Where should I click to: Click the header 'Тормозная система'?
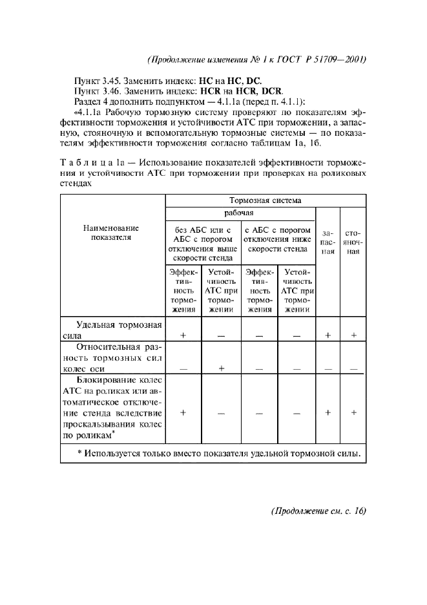265,200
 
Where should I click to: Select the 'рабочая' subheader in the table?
239,213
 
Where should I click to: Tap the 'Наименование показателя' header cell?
112,233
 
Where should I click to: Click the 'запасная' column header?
328,241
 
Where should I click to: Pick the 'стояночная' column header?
353,241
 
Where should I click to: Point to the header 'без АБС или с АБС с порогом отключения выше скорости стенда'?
202,241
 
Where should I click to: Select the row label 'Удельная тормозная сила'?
112,330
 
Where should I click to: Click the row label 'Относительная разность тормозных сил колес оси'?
112,357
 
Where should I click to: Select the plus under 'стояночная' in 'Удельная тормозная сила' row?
353,335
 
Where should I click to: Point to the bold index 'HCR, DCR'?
260,90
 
